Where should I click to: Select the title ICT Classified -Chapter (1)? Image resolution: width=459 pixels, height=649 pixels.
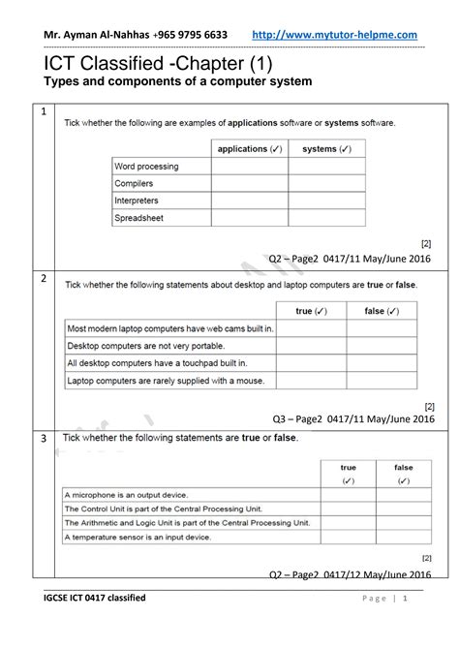[x=159, y=64]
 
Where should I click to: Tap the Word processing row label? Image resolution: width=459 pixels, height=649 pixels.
[x=147, y=167]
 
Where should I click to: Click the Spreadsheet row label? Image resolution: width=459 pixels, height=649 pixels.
[x=140, y=219]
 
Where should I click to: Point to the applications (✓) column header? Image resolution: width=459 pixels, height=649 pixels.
[x=250, y=149]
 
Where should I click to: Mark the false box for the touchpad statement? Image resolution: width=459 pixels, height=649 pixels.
[x=382, y=363]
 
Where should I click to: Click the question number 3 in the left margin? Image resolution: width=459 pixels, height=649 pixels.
[x=44, y=440]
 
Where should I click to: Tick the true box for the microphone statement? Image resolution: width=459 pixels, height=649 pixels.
[x=349, y=495]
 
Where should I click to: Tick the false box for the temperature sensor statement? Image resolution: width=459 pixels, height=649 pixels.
[x=404, y=537]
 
